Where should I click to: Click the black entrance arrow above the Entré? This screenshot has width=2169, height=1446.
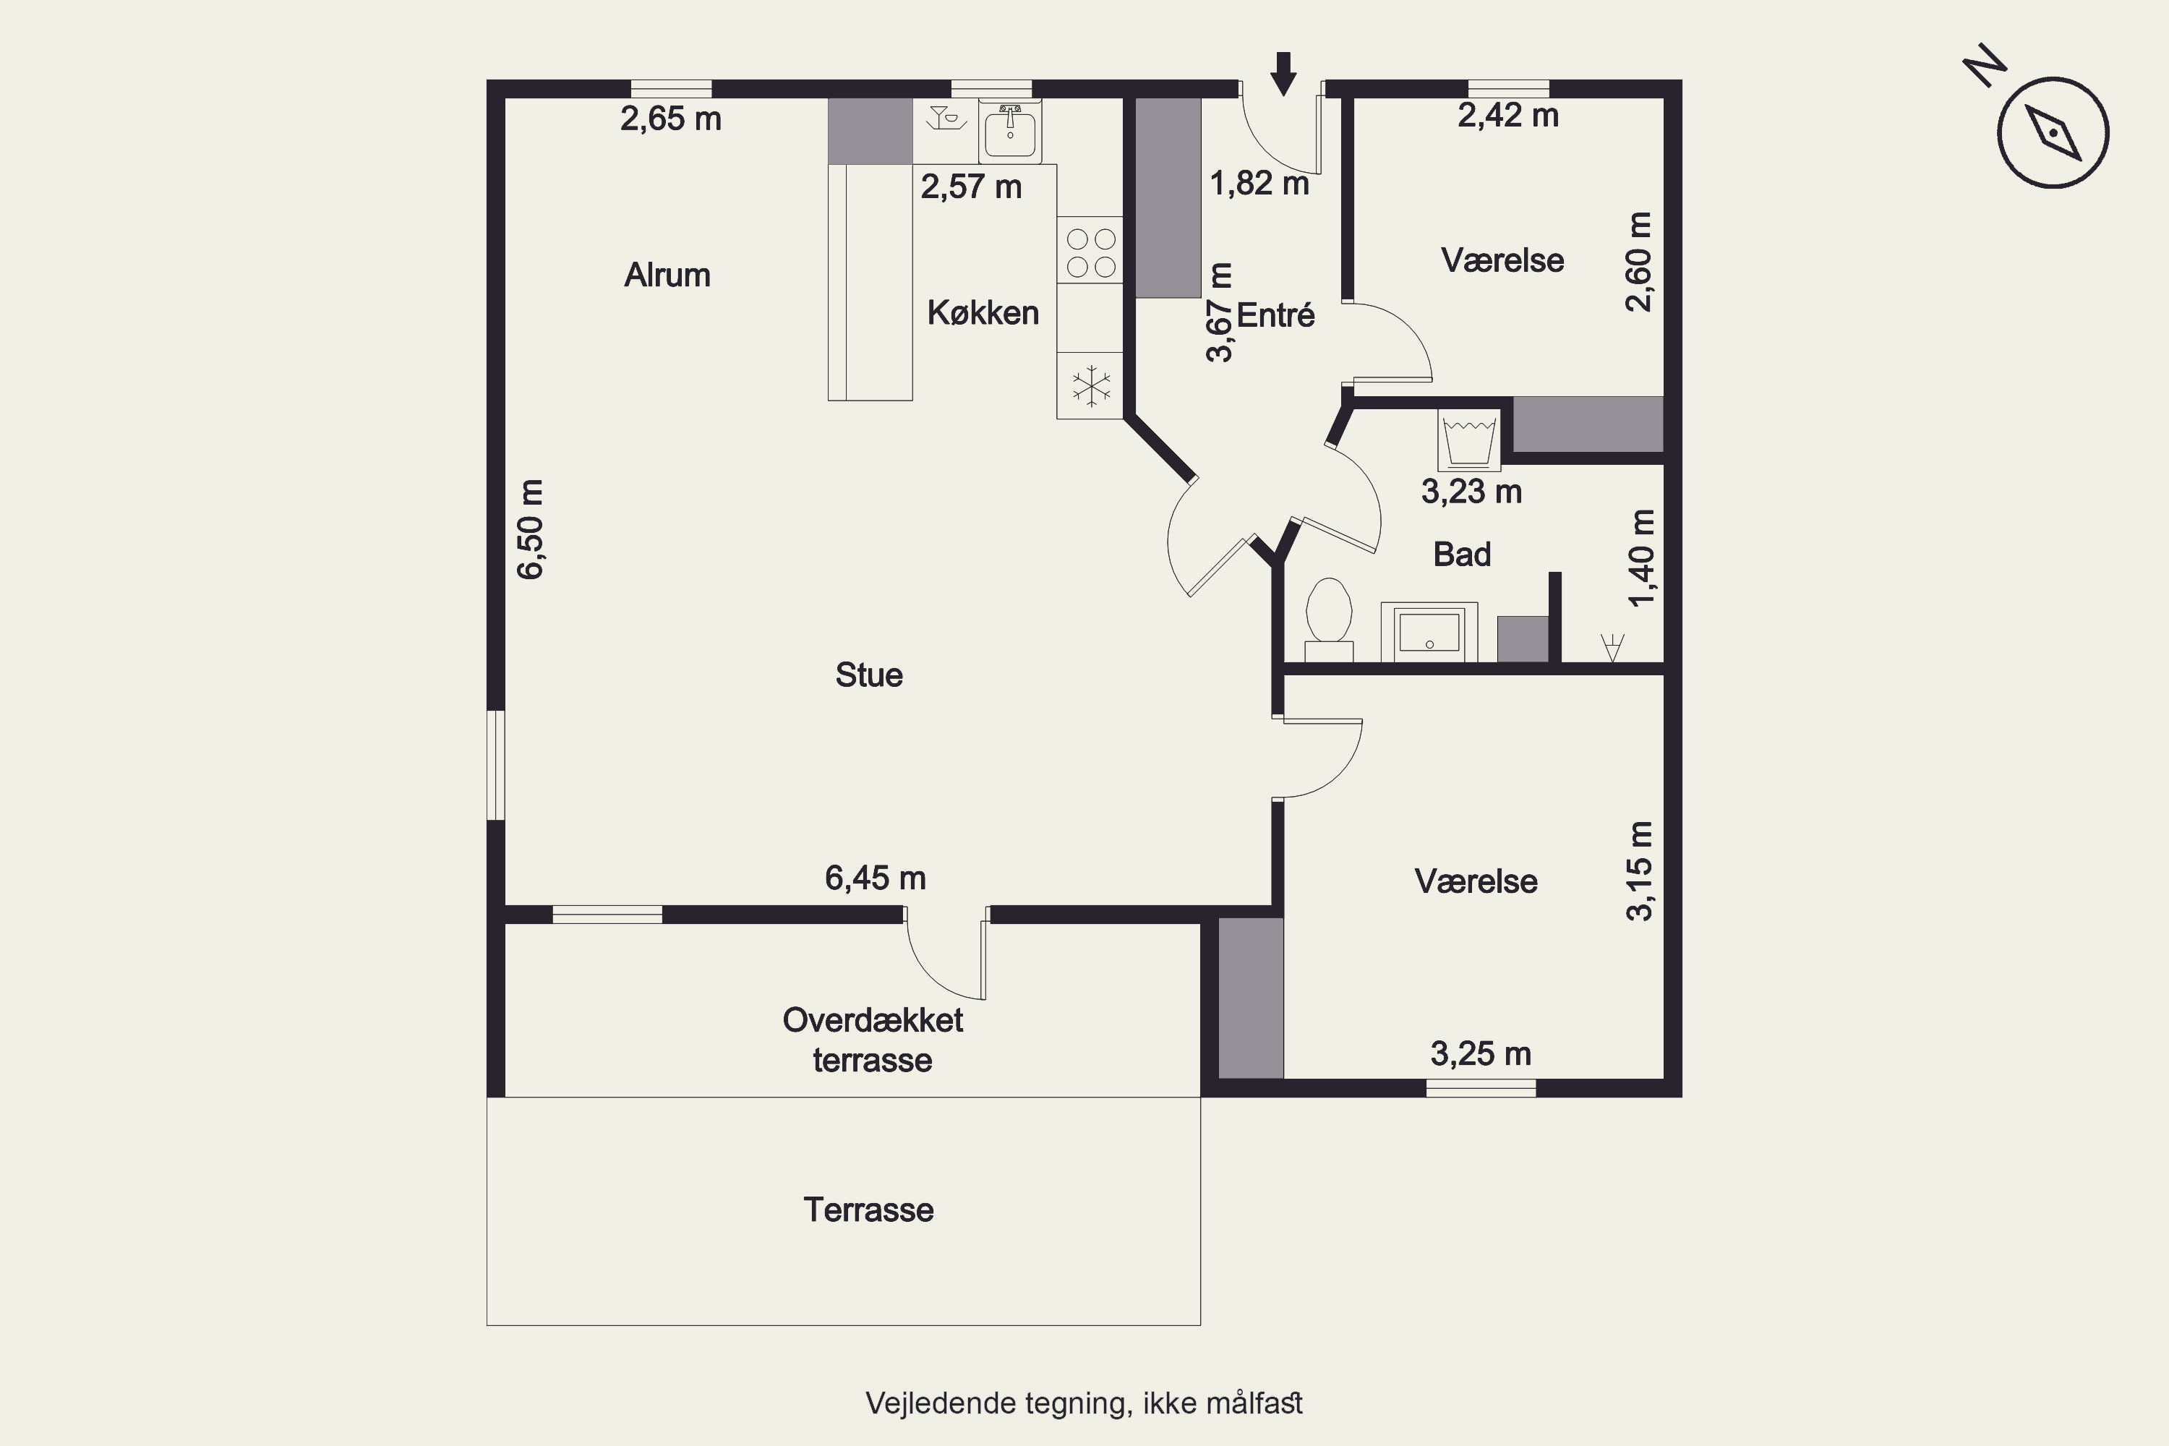click(x=1283, y=74)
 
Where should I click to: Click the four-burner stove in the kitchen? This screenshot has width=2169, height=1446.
click(x=1090, y=252)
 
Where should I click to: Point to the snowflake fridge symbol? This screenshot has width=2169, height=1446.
click(x=1090, y=386)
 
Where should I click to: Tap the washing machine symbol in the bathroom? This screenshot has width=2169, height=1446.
click(x=1469, y=440)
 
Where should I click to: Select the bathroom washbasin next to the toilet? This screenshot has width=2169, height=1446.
click(x=1429, y=632)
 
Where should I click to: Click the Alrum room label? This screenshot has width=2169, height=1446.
click(x=667, y=275)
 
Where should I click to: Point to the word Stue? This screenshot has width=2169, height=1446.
click(x=869, y=675)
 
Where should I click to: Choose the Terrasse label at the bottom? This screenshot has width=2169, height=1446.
click(x=869, y=1210)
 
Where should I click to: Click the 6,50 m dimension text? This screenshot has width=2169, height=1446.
click(x=531, y=529)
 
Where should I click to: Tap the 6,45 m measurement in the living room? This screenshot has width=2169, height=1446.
click(x=875, y=878)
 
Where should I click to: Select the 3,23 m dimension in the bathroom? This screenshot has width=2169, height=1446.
click(x=1471, y=492)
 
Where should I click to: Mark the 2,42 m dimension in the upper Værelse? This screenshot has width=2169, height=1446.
click(x=1507, y=115)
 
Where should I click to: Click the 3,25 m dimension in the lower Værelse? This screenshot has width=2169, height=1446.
click(x=1480, y=1053)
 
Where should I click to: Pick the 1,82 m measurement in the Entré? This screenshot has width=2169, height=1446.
click(x=1259, y=184)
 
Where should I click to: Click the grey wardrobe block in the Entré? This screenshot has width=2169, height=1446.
click(x=1168, y=198)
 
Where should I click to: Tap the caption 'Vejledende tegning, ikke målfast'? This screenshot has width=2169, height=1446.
click(x=1084, y=1403)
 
